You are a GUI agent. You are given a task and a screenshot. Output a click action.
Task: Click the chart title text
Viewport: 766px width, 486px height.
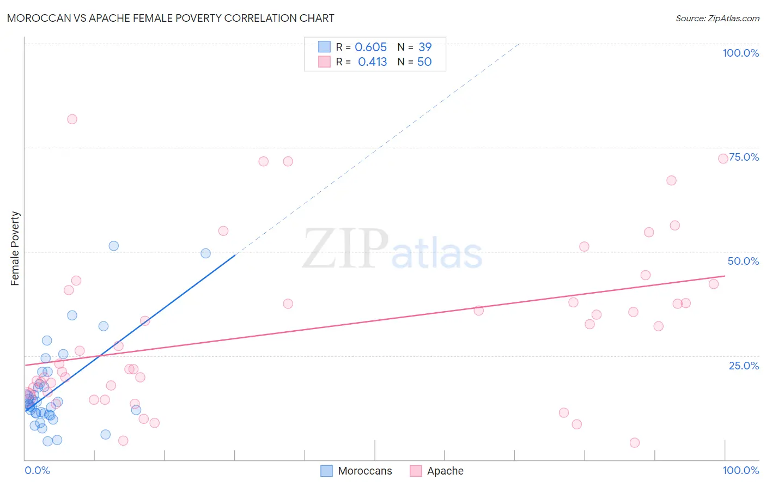point(171,18)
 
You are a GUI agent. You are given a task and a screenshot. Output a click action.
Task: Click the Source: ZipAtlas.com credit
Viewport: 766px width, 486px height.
point(717,18)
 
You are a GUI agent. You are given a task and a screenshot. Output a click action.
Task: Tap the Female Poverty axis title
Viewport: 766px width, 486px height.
point(15,248)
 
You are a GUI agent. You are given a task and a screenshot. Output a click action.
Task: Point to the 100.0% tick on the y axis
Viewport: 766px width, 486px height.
point(740,53)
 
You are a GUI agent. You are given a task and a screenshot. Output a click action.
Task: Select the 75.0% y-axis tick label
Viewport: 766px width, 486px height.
point(744,157)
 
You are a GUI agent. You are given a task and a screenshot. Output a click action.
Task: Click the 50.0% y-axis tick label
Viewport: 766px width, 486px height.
point(743,261)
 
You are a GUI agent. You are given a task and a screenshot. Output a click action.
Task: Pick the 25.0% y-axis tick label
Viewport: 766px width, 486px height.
point(744,365)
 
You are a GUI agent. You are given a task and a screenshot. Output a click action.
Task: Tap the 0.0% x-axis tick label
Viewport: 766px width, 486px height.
point(37,470)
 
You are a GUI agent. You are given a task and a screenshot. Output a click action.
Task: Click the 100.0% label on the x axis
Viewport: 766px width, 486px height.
point(740,470)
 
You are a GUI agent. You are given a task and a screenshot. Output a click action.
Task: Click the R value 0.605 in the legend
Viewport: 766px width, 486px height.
point(370,47)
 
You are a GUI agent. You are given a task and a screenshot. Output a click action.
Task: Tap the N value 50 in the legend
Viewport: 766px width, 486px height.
point(424,62)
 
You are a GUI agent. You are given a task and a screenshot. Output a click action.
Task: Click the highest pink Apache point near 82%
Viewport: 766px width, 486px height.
point(72,119)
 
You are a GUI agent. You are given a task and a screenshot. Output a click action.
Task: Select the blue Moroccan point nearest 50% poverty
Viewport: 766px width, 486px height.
point(205,253)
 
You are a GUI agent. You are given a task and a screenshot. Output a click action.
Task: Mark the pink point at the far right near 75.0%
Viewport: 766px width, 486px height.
point(723,159)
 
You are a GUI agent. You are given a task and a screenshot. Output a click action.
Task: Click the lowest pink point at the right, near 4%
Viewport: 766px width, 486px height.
point(634,442)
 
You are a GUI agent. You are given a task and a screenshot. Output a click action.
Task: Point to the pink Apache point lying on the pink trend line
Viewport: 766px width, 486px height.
point(478,311)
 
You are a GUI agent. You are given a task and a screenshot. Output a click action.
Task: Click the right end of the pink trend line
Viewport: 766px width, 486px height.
point(725,276)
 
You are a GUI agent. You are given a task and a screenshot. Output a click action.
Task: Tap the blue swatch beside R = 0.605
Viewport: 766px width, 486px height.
point(325,47)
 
